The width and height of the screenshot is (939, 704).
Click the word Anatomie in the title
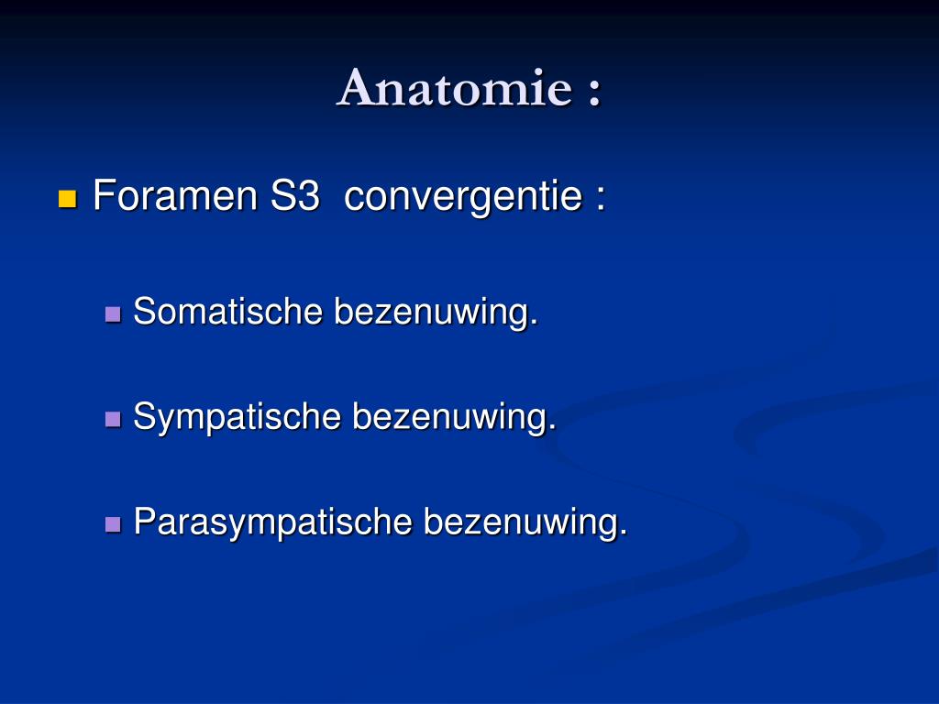pyautogui.click(x=453, y=89)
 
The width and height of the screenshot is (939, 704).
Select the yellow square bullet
pyautogui.click(x=67, y=198)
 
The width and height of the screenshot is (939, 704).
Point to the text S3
pyautogui.click(x=294, y=196)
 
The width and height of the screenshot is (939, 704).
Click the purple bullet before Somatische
pyautogui.click(x=114, y=314)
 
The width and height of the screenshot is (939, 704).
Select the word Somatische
pyautogui.click(x=228, y=312)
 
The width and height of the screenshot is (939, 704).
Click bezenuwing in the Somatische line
pyautogui.click(x=430, y=313)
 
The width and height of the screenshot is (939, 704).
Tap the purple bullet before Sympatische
pyautogui.click(x=114, y=419)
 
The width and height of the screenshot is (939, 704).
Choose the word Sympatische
pyautogui.click(x=238, y=418)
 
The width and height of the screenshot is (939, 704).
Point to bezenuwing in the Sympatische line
pyautogui.click(x=449, y=417)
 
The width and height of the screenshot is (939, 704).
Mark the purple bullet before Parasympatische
pyautogui.click(x=114, y=524)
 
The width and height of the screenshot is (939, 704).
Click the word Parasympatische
pyautogui.click(x=272, y=522)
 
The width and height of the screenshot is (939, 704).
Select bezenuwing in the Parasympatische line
pyautogui.click(x=520, y=522)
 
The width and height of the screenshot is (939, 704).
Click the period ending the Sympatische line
pyautogui.click(x=552, y=428)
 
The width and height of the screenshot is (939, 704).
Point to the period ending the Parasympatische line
pyautogui.click(x=624, y=533)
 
